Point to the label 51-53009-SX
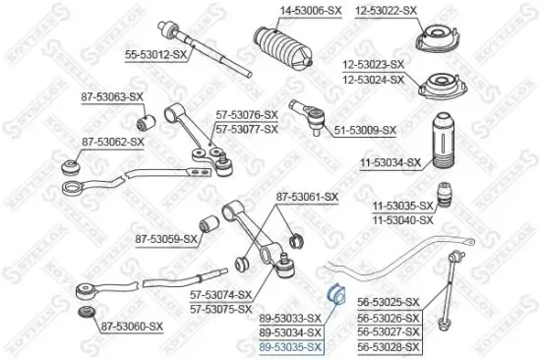tap(363, 130)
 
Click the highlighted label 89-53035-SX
tap(289, 347)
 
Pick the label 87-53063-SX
tap(112, 96)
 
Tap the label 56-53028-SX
tap(388, 347)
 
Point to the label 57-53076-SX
tap(247, 114)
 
